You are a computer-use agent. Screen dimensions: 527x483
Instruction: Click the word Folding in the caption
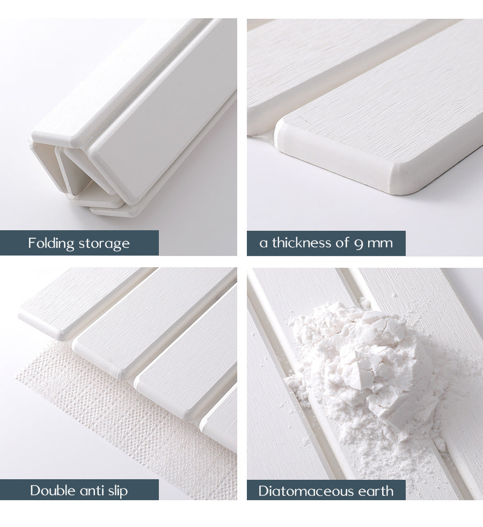coord(51,243)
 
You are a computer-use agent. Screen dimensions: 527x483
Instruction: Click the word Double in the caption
coord(52,491)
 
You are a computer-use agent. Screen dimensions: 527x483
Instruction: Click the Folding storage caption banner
coord(79,243)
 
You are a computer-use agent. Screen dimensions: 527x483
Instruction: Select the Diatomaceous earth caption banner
coord(326,491)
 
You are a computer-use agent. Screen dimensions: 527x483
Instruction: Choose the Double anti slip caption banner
coord(79,491)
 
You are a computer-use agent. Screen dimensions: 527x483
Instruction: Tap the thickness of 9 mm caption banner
coord(326,243)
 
